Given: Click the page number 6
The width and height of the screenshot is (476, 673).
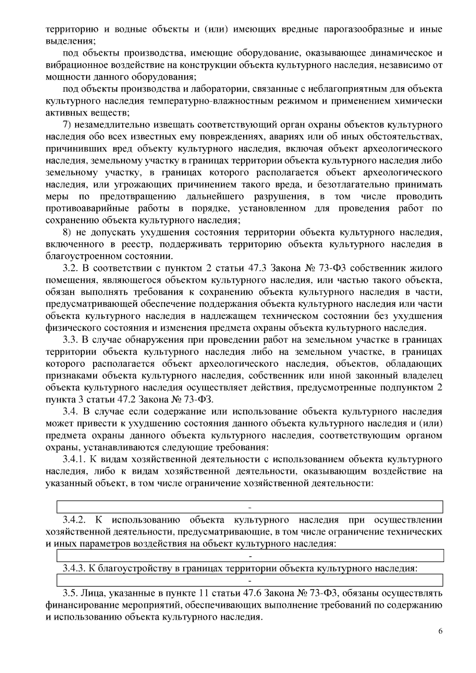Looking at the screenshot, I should [x=440, y=631].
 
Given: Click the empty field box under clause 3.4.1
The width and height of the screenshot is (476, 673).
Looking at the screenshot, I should [x=250, y=507].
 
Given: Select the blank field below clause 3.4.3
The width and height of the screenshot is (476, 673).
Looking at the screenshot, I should [x=250, y=580].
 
